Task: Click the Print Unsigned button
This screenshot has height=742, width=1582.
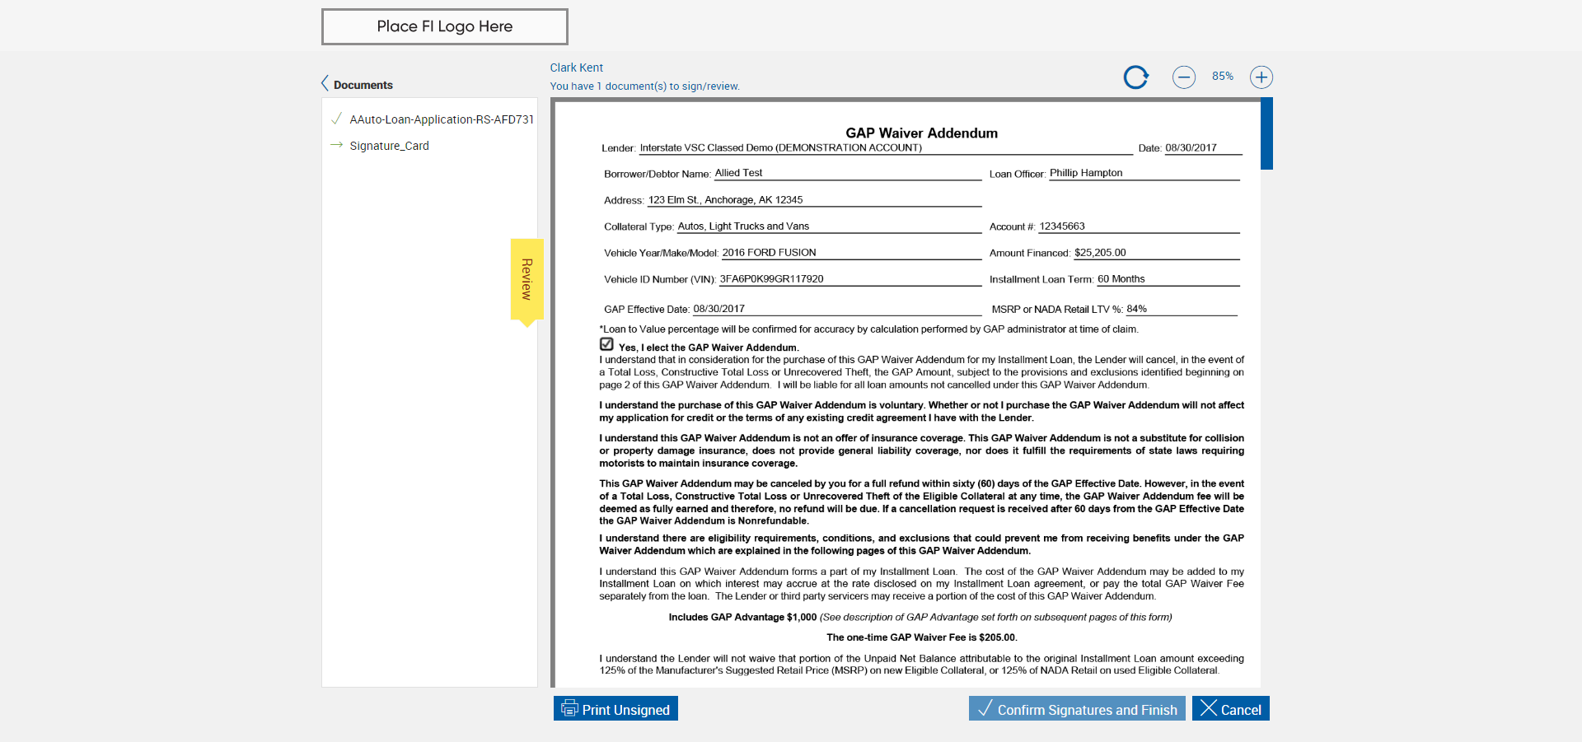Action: (x=615, y=709)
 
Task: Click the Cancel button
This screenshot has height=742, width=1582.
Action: (x=1230, y=709)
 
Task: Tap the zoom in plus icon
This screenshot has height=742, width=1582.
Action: (x=1261, y=77)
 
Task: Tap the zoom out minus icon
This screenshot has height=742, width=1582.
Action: (x=1183, y=77)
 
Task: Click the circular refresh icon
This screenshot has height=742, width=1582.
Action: (x=1135, y=77)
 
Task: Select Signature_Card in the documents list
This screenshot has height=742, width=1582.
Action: (x=389, y=146)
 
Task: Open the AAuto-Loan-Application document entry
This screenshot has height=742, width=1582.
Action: (x=441, y=119)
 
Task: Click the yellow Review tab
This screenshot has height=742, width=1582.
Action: (x=527, y=279)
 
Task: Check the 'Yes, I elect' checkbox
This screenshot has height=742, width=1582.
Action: (x=607, y=344)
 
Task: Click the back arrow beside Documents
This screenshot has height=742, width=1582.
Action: (x=325, y=84)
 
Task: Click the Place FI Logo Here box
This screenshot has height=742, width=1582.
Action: (x=444, y=26)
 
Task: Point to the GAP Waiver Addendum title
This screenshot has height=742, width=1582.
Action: (x=921, y=133)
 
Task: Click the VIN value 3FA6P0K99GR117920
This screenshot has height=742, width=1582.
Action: (x=771, y=279)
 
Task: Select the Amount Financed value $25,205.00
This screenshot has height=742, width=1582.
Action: (x=1100, y=253)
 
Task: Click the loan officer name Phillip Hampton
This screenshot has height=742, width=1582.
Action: (x=1085, y=173)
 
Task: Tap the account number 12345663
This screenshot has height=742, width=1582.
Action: (x=1061, y=226)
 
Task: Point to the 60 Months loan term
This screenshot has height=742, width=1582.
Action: (x=1121, y=279)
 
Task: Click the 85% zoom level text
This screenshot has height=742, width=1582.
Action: (x=1222, y=77)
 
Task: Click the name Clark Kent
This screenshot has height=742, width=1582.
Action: (x=576, y=68)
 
